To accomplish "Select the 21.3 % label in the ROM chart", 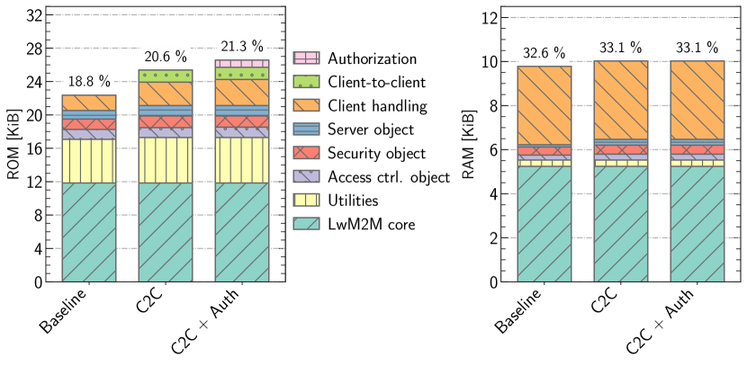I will (x=242, y=45).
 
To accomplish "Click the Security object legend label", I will (x=376, y=153).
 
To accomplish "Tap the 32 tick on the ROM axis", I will (x=33, y=15).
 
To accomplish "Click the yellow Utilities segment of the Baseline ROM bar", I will (x=88, y=161).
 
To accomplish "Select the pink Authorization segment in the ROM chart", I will (x=242, y=64).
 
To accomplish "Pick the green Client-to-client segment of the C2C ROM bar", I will (x=165, y=76).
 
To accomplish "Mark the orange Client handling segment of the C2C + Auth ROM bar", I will (x=242, y=93).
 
